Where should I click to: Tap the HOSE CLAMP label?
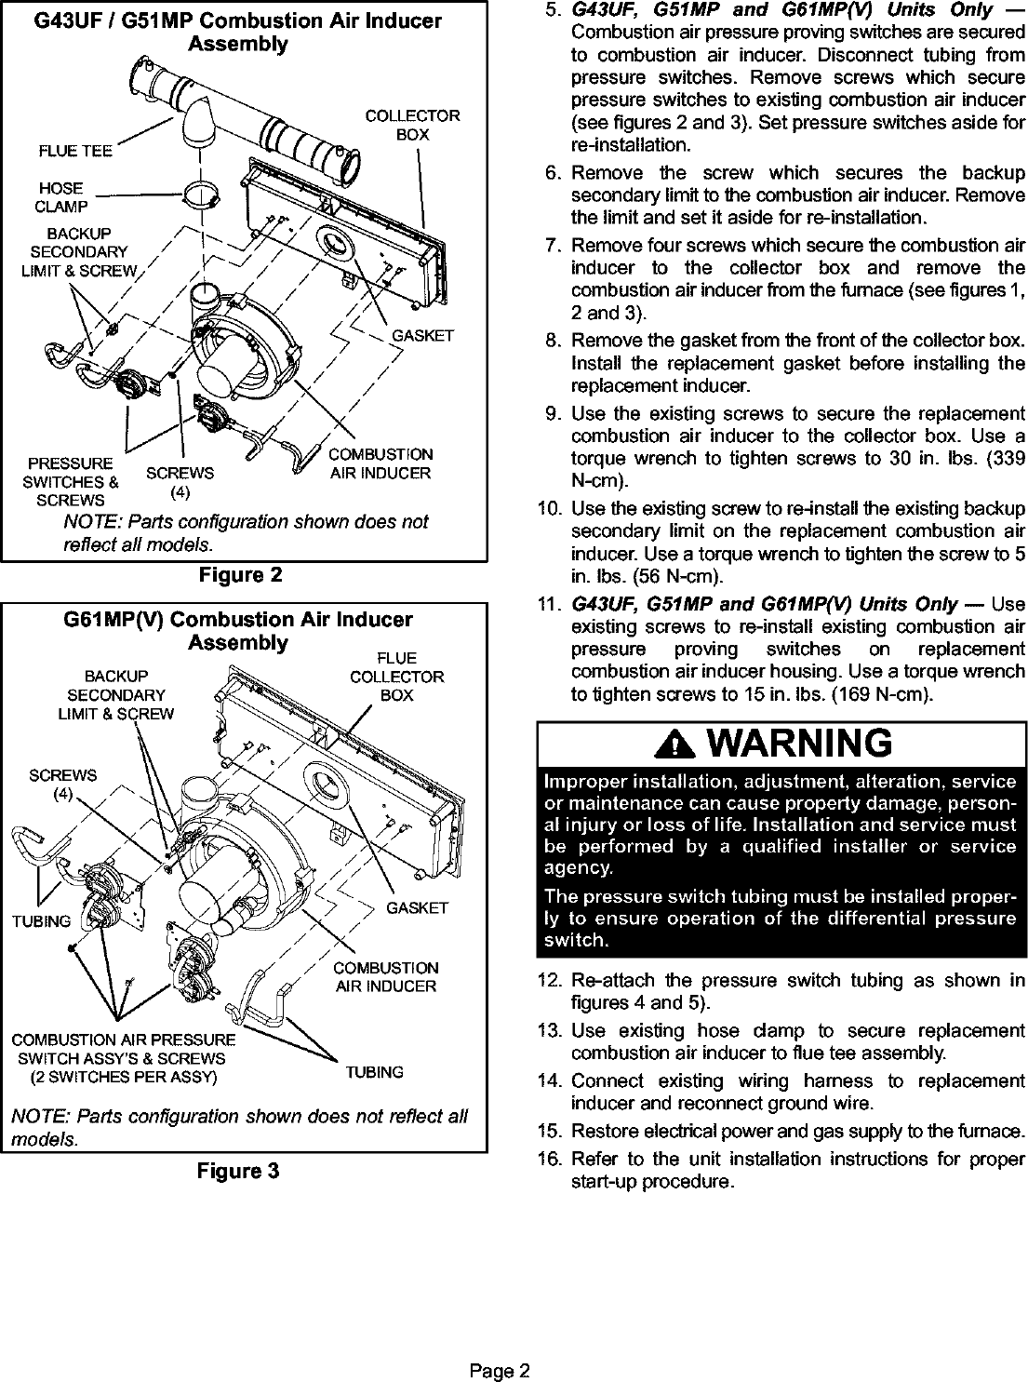[61, 197]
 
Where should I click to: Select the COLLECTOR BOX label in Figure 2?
[412, 125]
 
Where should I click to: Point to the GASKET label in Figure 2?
[422, 335]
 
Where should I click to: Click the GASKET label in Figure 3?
[417, 907]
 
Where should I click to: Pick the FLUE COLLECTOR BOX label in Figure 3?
[397, 677]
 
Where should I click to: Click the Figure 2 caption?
[240, 575]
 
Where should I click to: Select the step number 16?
[547, 1159]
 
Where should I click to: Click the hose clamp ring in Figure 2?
[202, 196]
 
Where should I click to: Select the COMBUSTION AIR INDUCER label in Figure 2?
[380, 463]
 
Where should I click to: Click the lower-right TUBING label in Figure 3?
[375, 1072]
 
